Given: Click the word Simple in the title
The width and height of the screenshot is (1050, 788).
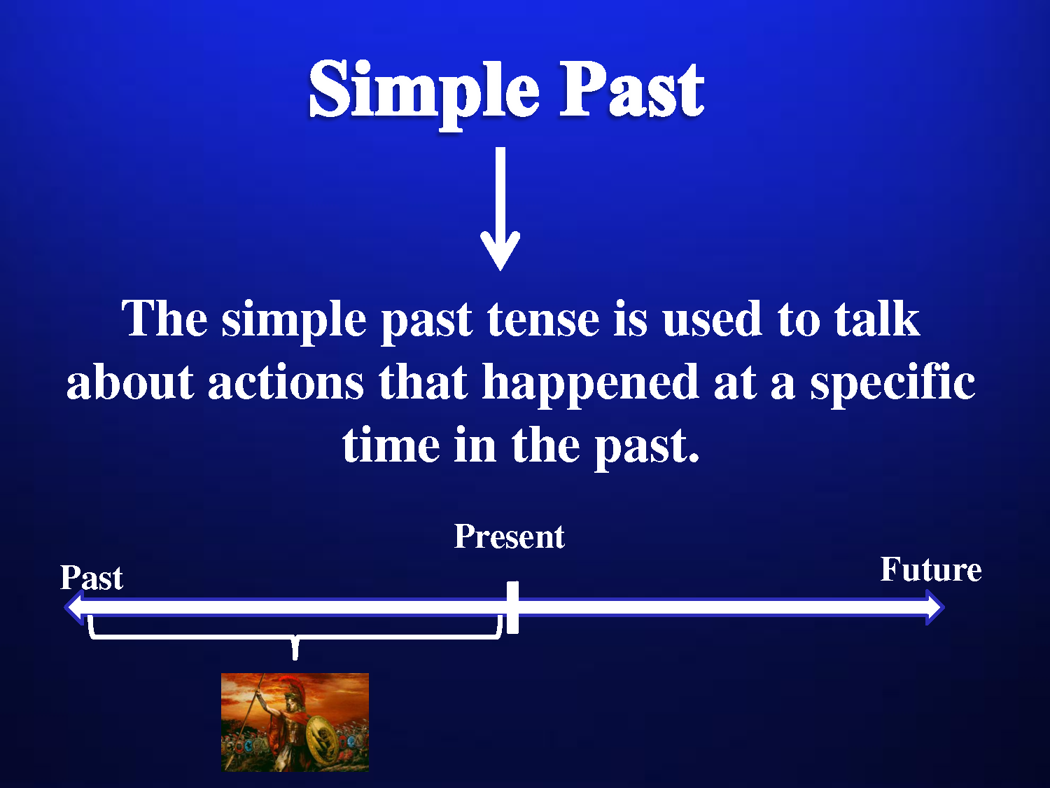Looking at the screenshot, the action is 424,93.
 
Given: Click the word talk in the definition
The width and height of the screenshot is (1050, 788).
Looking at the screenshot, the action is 876,317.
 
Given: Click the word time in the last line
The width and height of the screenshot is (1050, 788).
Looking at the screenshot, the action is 391,445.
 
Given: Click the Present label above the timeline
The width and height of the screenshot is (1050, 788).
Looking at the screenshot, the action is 509,537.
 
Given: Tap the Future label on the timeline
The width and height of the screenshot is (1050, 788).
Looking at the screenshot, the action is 931,570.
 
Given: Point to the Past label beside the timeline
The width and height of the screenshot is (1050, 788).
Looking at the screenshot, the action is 92,577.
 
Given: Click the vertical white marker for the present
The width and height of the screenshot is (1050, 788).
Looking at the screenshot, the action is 512,607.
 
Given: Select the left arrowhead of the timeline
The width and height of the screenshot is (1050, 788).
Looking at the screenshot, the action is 75,607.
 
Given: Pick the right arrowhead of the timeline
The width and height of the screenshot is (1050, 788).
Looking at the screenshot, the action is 935,607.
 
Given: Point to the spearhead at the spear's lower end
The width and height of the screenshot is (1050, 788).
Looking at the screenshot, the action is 229,762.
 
